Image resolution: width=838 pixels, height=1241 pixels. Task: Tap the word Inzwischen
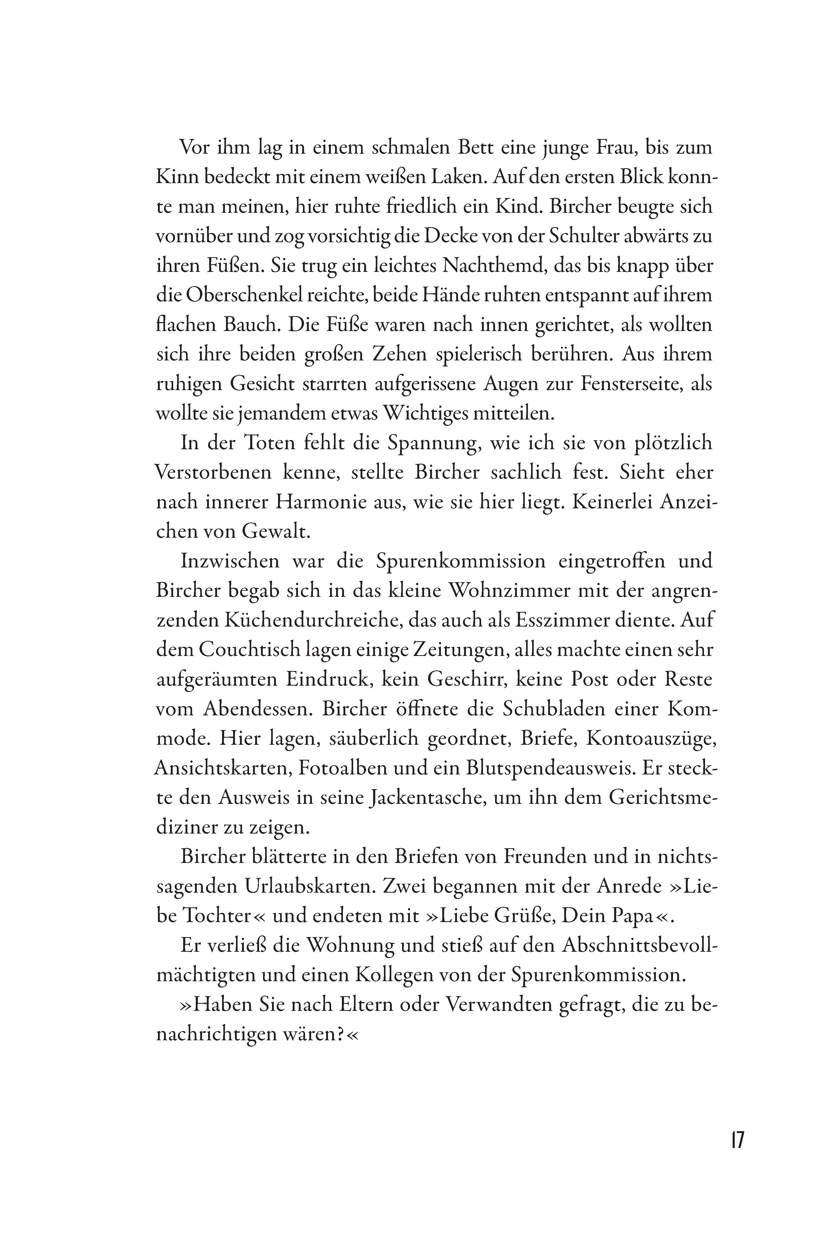point(230,561)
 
